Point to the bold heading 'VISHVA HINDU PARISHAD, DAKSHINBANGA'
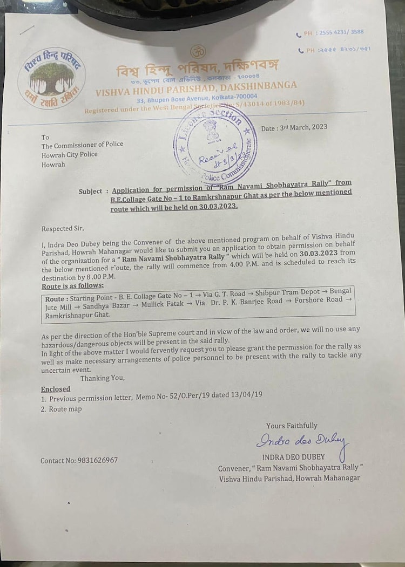pos(196,88)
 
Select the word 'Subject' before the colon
pos(90,191)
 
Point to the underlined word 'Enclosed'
pos(55,389)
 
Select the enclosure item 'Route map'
pos(65,409)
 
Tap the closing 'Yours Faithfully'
pos(292,426)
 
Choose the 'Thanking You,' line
pos(102,378)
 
